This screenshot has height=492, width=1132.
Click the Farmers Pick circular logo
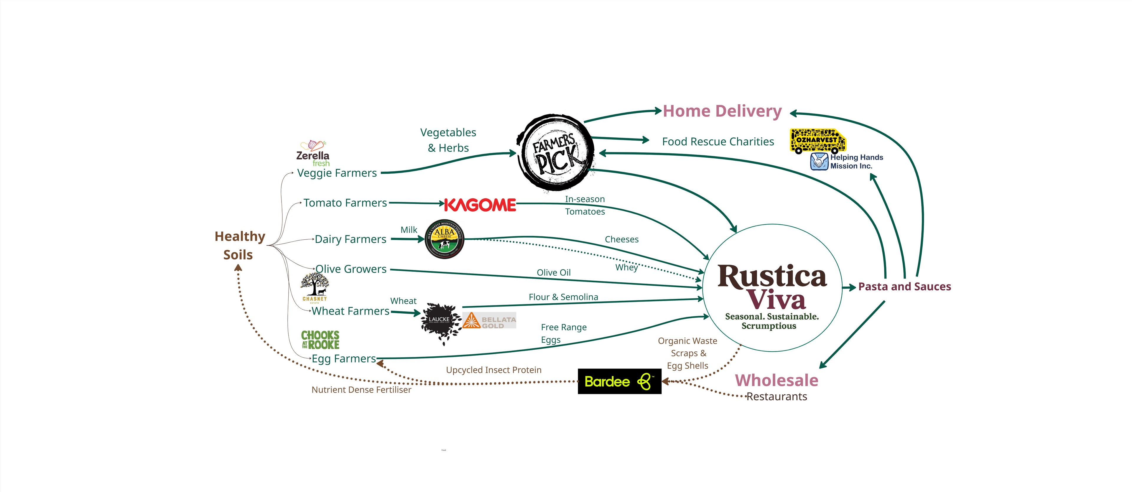[x=555, y=153]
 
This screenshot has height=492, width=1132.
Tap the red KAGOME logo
[x=480, y=205]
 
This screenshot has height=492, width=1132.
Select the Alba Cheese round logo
[x=445, y=239]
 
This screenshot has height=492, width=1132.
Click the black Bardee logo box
[x=619, y=381]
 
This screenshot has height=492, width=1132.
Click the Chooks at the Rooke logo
[x=320, y=340]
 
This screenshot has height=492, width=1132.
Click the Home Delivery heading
[x=722, y=111]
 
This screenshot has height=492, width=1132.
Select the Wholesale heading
[x=776, y=380]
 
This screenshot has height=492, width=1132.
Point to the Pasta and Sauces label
[x=904, y=287]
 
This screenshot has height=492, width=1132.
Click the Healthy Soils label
[x=239, y=245]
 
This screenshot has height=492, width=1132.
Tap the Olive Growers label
[x=351, y=269]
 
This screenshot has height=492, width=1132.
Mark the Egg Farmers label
[x=344, y=358]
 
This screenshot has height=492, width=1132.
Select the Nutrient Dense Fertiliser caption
[x=361, y=390]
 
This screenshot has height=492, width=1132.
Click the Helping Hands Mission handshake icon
[x=819, y=161]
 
